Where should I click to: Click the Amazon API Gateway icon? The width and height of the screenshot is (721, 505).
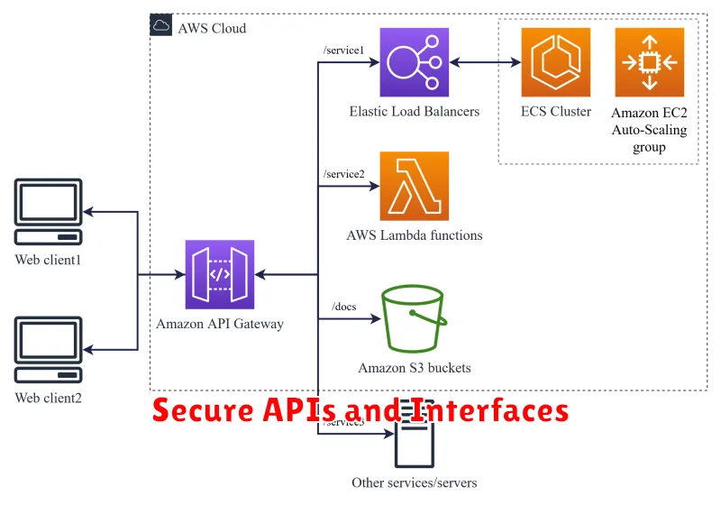pos(221,275)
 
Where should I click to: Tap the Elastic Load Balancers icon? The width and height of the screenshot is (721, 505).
pos(415,62)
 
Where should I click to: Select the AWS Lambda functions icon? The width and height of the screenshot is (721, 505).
pos(415,186)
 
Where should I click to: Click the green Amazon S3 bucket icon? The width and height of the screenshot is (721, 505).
pos(415,318)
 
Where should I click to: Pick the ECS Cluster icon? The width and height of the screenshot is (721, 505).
pos(556,62)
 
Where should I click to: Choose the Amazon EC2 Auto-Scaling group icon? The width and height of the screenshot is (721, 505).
pos(649,62)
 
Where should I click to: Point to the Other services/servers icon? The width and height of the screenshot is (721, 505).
pos(415,437)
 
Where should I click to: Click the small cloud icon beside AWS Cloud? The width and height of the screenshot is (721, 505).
pos(160,26)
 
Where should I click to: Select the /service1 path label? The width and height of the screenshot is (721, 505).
pos(343,50)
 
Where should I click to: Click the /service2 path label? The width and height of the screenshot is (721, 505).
pos(343,174)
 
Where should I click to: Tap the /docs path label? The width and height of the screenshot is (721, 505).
pos(344,307)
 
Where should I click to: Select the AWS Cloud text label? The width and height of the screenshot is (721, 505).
pos(212,28)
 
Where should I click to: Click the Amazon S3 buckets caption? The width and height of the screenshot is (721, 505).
pos(415,368)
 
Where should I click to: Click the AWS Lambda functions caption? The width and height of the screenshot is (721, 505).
pos(415,235)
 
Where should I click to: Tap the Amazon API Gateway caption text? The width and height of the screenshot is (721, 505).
pos(221,324)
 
